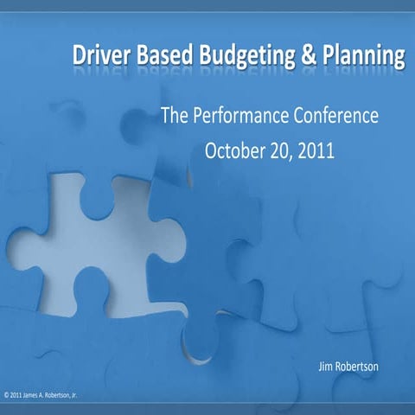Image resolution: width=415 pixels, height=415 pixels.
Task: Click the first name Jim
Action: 327,368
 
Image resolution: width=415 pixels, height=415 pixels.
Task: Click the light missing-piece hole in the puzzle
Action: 95,233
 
